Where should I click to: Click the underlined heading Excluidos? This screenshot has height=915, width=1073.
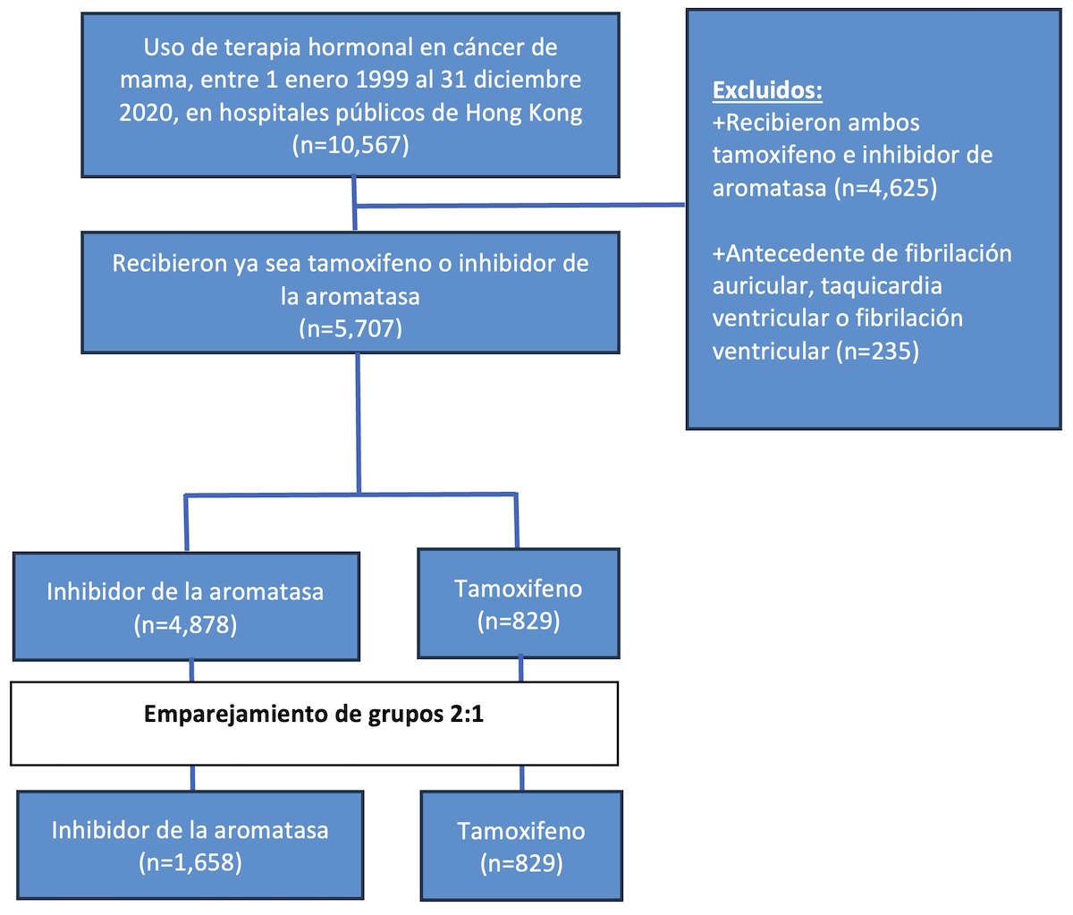[767, 89]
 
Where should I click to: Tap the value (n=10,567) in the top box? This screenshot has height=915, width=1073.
[351, 144]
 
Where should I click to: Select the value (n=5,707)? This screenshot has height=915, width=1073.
[351, 328]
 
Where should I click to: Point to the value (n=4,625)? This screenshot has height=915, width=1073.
[885, 188]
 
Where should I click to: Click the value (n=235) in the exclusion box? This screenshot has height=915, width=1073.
[877, 351]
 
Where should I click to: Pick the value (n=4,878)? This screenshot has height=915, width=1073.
[185, 624]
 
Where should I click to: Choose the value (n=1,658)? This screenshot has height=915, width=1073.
[190, 862]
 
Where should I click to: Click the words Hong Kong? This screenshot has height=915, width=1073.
[523, 113]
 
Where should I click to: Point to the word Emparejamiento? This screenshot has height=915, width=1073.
[236, 715]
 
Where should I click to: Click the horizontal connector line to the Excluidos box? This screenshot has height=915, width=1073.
[520, 206]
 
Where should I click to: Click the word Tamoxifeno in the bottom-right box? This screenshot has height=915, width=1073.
[521, 831]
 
